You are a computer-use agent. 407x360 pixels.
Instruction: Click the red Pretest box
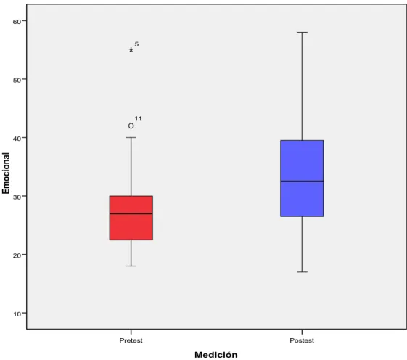(131, 218)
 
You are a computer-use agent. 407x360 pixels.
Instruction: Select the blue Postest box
(302, 178)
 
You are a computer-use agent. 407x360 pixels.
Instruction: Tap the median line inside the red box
(131, 213)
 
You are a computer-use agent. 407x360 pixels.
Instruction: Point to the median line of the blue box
(302, 181)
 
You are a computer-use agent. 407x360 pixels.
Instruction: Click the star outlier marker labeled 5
(131, 50)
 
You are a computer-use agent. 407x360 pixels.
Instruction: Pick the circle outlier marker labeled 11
(131, 126)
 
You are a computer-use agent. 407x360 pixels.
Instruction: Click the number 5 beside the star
(136, 44)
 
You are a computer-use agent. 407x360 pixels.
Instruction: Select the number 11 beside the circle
(138, 119)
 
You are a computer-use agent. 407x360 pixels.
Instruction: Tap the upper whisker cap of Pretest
(131, 137)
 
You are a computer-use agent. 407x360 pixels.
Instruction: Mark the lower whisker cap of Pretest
(131, 266)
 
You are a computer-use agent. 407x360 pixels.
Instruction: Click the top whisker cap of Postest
(302, 32)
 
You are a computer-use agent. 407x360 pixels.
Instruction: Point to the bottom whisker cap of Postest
(302, 272)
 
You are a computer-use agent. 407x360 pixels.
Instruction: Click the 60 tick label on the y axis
(17, 22)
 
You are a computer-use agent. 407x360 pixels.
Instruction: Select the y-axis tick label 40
(17, 139)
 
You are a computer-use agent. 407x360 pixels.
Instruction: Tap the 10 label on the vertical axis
(17, 314)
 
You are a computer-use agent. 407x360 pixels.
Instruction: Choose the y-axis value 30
(17, 197)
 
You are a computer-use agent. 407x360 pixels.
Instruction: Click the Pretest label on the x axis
(131, 340)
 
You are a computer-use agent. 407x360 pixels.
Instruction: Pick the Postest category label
(302, 340)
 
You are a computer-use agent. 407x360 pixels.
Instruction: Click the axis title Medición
(216, 354)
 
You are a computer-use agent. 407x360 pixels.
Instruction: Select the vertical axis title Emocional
(6, 173)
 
